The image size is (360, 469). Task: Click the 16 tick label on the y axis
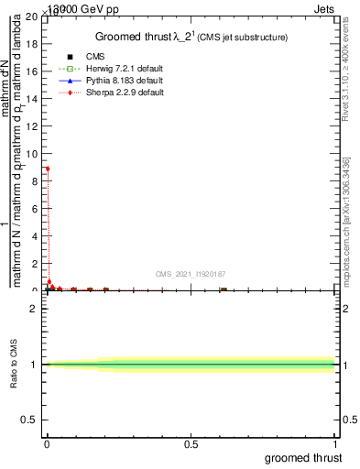tap(33, 71)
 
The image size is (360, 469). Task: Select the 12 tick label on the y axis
tap(33, 126)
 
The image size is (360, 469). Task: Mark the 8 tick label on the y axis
tap(36, 181)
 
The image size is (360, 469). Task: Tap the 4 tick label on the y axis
tap(36, 236)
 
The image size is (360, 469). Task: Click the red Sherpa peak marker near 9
tap(48, 169)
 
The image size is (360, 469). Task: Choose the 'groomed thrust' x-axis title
tap(305, 457)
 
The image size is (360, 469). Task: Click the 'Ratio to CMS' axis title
tap(15, 364)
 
